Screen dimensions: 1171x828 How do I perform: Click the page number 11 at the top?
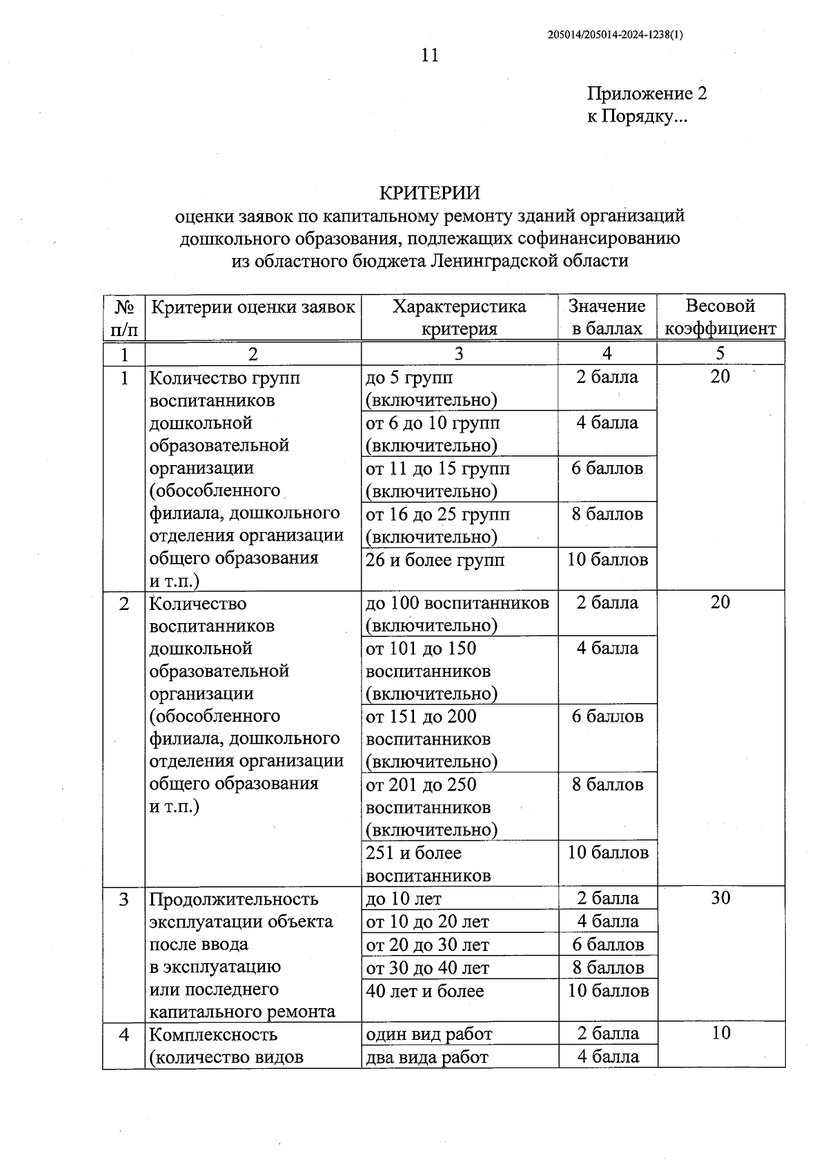(x=429, y=55)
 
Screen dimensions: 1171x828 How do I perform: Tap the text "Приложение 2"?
(x=647, y=93)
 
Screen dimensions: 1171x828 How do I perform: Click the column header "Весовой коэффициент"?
(x=720, y=317)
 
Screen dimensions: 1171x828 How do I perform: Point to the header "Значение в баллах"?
(x=607, y=317)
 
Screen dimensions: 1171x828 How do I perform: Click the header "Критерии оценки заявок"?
(x=253, y=307)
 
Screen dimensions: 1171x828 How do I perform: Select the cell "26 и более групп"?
(x=435, y=560)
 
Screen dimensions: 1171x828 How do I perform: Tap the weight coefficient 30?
(x=720, y=898)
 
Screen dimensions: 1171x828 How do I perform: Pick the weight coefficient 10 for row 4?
(x=720, y=1033)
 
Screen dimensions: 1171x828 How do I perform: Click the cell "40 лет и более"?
(x=425, y=991)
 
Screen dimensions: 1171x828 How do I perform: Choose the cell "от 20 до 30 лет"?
(x=427, y=945)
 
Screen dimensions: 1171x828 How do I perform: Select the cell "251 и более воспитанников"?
(x=428, y=864)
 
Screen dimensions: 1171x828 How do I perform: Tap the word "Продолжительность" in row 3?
(x=234, y=899)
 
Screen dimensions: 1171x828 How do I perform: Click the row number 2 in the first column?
(x=124, y=604)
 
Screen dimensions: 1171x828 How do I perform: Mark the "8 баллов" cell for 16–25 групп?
(x=607, y=514)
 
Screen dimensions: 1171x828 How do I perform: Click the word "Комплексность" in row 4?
(x=213, y=1034)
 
